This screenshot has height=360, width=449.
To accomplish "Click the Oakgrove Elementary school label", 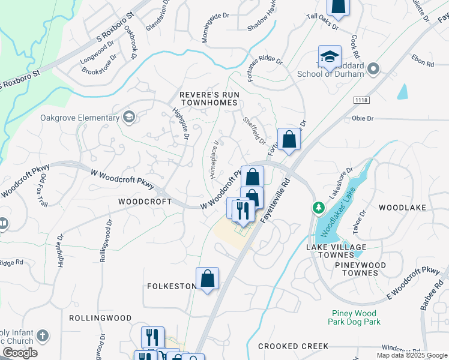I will [80, 118].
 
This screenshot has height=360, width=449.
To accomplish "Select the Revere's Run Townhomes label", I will [209, 99].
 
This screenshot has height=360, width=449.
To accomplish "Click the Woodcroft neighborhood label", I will [145, 202].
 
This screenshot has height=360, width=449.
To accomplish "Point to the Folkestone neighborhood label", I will [172, 286].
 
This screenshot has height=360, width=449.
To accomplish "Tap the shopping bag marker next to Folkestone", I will [207, 279].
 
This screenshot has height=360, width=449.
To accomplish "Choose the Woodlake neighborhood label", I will [402, 208].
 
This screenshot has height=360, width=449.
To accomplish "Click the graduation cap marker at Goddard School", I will [330, 57].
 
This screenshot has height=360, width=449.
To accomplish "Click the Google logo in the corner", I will [20, 352].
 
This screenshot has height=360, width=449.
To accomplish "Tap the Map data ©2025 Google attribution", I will [412, 355].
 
